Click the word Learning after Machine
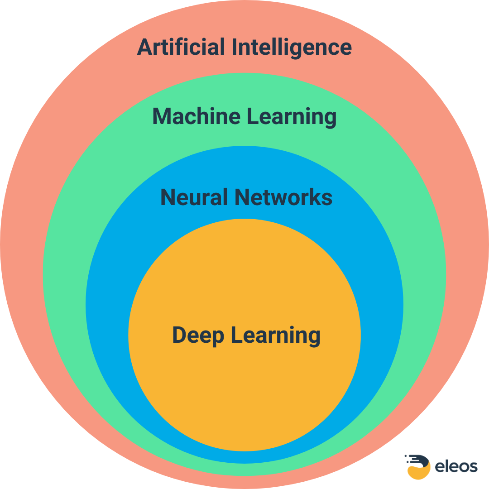tap(292, 117)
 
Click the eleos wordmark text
tap(456, 466)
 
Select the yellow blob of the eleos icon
tap(417, 472)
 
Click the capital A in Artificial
tap(144, 47)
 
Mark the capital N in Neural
tap(168, 197)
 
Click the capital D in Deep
tap(180, 335)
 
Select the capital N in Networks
tap(242, 197)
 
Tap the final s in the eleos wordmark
tap(473, 467)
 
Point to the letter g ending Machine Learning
tap(329, 119)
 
